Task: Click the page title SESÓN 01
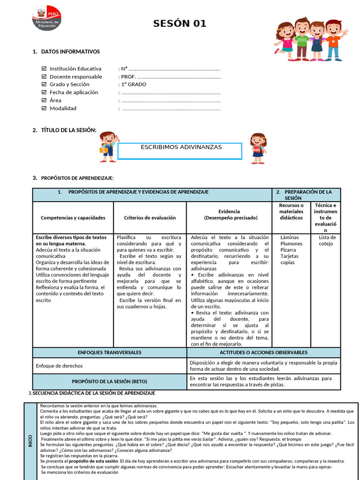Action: click(x=180, y=24)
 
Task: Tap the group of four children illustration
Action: click(x=310, y=40)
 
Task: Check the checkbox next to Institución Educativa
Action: click(x=44, y=68)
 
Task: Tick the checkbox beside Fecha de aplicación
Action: click(x=44, y=92)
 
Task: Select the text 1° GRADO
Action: click(x=134, y=84)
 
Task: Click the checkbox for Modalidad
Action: click(x=44, y=108)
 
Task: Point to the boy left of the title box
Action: click(x=109, y=147)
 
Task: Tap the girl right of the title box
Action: click(x=257, y=148)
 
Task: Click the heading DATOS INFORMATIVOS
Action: click(x=70, y=52)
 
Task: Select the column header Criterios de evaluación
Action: click(x=150, y=217)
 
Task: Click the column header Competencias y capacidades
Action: click(x=73, y=217)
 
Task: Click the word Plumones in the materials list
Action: click(x=291, y=244)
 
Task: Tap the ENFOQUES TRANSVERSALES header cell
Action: click(x=110, y=352)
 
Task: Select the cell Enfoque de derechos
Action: click(x=60, y=366)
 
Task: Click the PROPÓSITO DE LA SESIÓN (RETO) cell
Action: click(x=110, y=381)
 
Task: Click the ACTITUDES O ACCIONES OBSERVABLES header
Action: click(x=263, y=352)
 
